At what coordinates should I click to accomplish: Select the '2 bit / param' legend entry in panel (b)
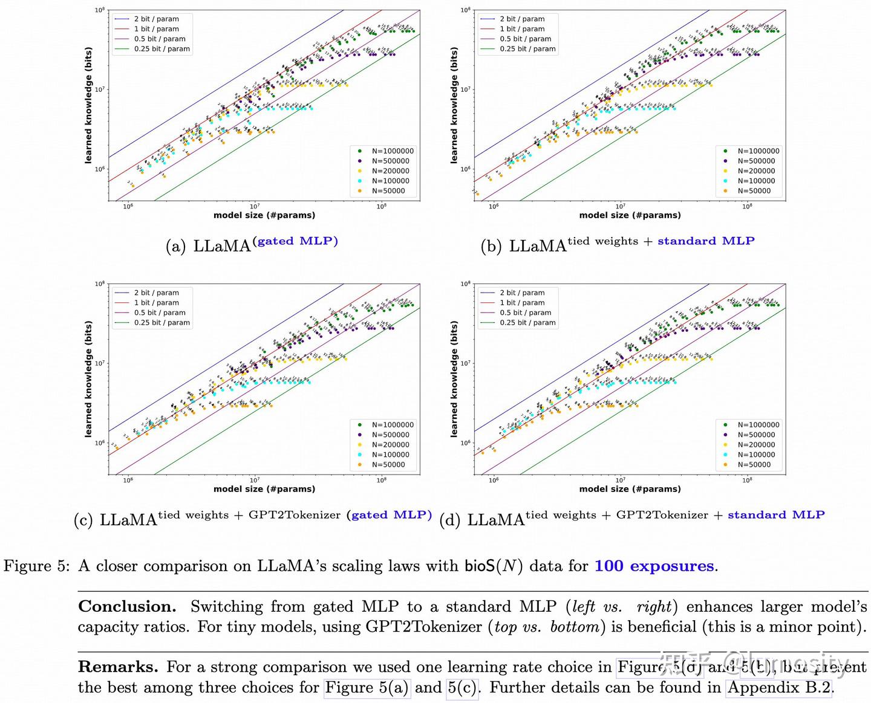[521, 19]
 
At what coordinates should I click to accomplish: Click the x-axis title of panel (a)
[264, 215]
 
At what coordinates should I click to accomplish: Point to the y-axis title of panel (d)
[454, 378]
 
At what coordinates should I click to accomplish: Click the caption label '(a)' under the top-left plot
[175, 247]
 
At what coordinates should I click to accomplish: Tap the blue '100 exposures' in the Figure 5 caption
[654, 566]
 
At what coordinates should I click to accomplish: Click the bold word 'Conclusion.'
[127, 607]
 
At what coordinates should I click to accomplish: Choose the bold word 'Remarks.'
[118, 667]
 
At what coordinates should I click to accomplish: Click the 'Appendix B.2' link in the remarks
[779, 688]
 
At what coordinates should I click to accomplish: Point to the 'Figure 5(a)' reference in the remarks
[367, 688]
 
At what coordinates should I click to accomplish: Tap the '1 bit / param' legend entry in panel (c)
[156, 303]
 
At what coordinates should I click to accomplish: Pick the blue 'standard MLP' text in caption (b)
[706, 241]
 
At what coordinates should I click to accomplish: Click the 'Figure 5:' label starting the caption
[36, 566]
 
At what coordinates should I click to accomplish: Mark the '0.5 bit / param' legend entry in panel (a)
[160, 39]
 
